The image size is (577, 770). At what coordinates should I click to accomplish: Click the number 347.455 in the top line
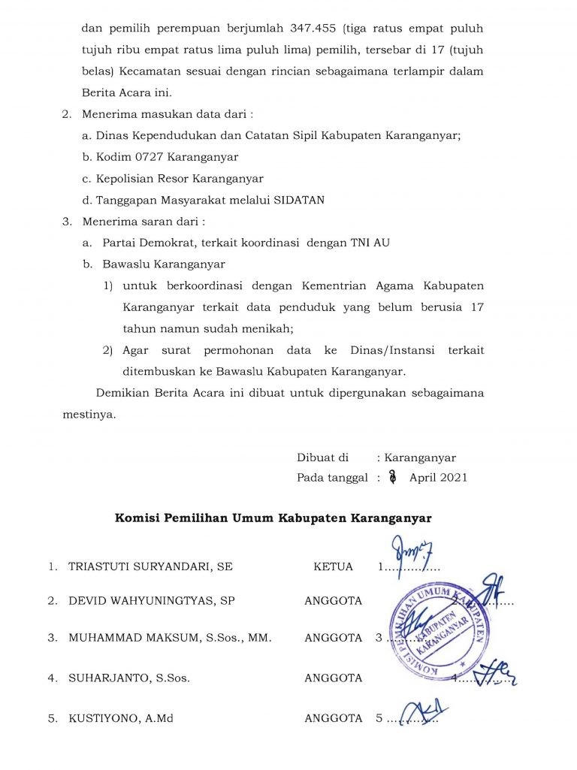pyautogui.click(x=312, y=29)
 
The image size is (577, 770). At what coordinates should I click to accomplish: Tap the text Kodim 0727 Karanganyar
pyautogui.click(x=166, y=157)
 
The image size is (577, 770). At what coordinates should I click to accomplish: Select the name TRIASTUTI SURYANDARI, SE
pyautogui.click(x=150, y=566)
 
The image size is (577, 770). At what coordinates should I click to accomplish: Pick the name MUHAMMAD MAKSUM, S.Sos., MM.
pyautogui.click(x=170, y=638)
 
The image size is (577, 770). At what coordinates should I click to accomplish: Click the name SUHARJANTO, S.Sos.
pyautogui.click(x=129, y=678)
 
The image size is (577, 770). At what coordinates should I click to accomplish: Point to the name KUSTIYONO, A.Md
pyautogui.click(x=121, y=718)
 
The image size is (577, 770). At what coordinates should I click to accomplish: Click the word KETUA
pyautogui.click(x=333, y=566)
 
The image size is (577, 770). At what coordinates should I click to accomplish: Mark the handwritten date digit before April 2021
pyautogui.click(x=391, y=477)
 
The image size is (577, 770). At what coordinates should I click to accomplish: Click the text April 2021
pyautogui.click(x=438, y=478)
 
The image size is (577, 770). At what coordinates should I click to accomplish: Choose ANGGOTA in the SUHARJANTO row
pyautogui.click(x=333, y=678)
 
